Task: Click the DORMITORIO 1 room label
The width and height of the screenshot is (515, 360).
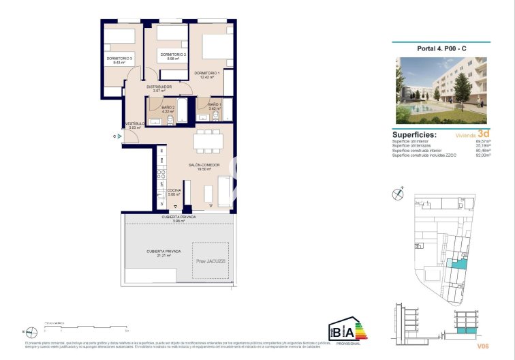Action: point(207,73)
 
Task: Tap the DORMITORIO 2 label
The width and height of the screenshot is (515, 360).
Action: point(173,55)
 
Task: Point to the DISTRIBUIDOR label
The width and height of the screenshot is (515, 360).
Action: point(159,87)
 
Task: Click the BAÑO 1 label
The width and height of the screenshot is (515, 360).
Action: point(215,104)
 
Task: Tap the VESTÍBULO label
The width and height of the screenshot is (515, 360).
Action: point(135,123)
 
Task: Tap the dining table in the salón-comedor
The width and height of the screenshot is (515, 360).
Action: point(208,141)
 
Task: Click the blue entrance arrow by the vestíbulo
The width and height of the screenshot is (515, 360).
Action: point(119,136)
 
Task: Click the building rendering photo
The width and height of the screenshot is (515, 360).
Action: point(441,90)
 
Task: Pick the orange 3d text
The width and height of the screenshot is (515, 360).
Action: point(484,134)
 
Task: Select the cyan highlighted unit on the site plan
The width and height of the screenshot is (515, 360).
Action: point(461,263)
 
